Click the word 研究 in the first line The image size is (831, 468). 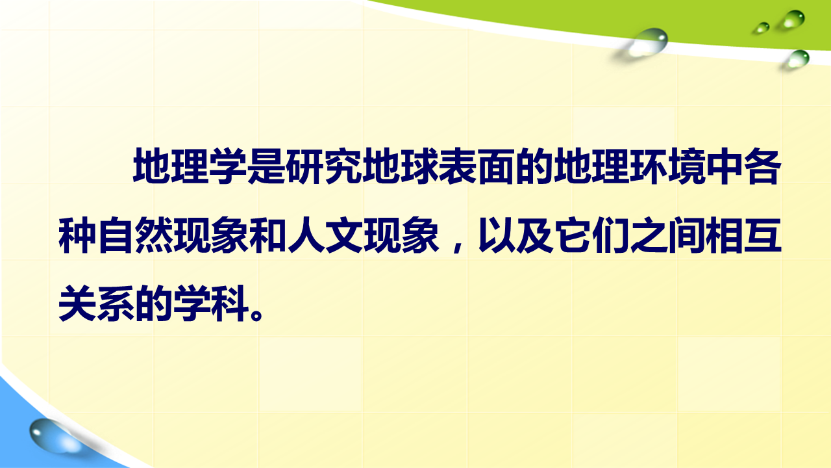pos(324,166)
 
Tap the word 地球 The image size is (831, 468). pos(401,166)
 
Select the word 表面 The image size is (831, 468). pos(477,166)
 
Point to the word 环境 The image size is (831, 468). pos(668,166)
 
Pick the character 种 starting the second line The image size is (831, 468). pos(77,235)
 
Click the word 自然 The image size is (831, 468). pos(135,235)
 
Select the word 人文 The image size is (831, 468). pos(326,235)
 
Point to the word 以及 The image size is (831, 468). pos(515,235)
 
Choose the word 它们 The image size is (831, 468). pos(592,235)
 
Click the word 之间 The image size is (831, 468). pos(668,235)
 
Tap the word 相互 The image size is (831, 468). pos(744,235)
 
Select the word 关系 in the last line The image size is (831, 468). pos(97,304)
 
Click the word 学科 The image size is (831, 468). pos(211,304)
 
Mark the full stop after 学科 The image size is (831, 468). pos(257,314)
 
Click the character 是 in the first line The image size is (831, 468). pos(267,166)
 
